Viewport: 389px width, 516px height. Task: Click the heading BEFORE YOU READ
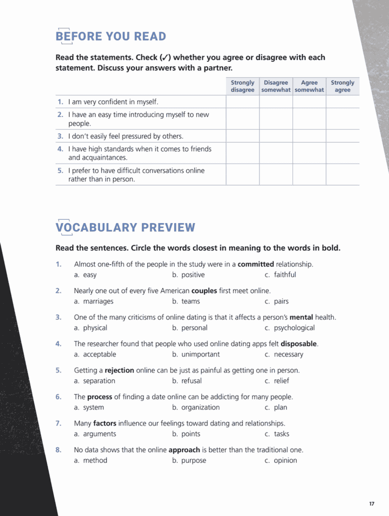[x=111, y=36]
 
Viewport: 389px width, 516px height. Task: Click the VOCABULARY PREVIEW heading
[x=125, y=228]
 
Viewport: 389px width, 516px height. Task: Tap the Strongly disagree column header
[x=242, y=86]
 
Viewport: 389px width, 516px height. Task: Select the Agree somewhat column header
[x=309, y=86]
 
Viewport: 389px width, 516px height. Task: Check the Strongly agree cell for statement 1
[x=343, y=102]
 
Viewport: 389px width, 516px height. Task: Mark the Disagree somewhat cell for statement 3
[x=276, y=136]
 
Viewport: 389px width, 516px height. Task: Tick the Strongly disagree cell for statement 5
[x=242, y=174]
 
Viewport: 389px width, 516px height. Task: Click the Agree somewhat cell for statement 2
[x=309, y=119]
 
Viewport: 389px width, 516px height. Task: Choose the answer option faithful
[x=285, y=275]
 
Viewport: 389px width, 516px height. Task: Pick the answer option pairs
[x=281, y=301]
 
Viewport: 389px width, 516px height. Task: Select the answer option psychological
[x=294, y=328]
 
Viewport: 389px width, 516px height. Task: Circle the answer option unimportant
[x=200, y=354]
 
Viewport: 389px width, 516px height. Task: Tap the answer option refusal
[x=191, y=381]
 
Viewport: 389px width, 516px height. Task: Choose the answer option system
[x=93, y=408]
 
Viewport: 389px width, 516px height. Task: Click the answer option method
[x=95, y=460]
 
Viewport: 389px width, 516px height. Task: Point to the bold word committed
[x=256, y=264]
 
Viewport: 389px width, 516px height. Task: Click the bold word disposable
[x=298, y=344]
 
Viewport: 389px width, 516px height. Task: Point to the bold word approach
[x=184, y=450]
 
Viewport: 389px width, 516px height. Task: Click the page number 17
[x=372, y=504]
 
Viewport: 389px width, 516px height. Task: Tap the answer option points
[x=190, y=434]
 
